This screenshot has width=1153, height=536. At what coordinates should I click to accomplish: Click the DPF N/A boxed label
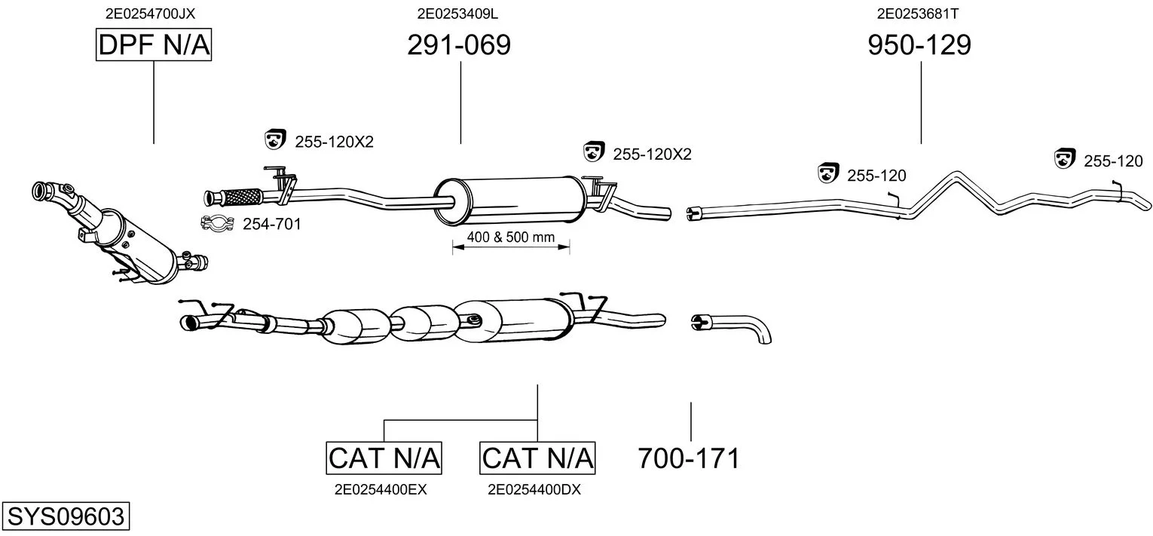pyautogui.click(x=154, y=44)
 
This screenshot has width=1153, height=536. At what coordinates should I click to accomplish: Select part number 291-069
pyautogui.click(x=459, y=44)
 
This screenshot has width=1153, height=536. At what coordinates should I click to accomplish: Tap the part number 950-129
pyautogui.click(x=919, y=44)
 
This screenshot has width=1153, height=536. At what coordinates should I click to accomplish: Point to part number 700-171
pyautogui.click(x=689, y=458)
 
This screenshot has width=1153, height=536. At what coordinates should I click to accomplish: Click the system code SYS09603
pyautogui.click(x=66, y=516)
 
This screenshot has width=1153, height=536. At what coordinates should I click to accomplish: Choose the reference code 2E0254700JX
pyautogui.click(x=150, y=14)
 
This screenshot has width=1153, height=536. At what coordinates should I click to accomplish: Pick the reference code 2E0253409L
pyautogui.click(x=457, y=14)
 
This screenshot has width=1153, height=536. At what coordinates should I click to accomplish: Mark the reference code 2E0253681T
pyautogui.click(x=918, y=14)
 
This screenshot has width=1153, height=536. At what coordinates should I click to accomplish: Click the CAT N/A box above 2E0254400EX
pyautogui.click(x=384, y=458)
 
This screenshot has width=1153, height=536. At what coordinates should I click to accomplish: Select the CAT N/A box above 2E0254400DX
pyautogui.click(x=537, y=458)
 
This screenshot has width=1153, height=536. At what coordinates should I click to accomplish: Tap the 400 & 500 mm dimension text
pyautogui.click(x=511, y=237)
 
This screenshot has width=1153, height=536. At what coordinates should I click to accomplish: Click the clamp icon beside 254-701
pyautogui.click(x=217, y=223)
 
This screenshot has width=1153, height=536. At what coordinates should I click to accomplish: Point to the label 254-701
pyautogui.click(x=272, y=224)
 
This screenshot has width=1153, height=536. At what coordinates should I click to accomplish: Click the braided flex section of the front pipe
pyautogui.click(x=242, y=197)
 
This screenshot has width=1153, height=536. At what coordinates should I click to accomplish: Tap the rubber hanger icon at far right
pyautogui.click(x=1065, y=158)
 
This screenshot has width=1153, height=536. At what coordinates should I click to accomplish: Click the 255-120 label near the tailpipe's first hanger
pyautogui.click(x=876, y=176)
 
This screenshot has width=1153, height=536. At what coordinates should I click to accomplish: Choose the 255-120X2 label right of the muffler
pyautogui.click(x=652, y=154)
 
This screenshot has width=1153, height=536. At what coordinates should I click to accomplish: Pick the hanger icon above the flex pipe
pyautogui.click(x=275, y=139)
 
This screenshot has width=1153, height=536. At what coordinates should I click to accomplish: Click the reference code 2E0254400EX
pyautogui.click(x=381, y=490)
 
